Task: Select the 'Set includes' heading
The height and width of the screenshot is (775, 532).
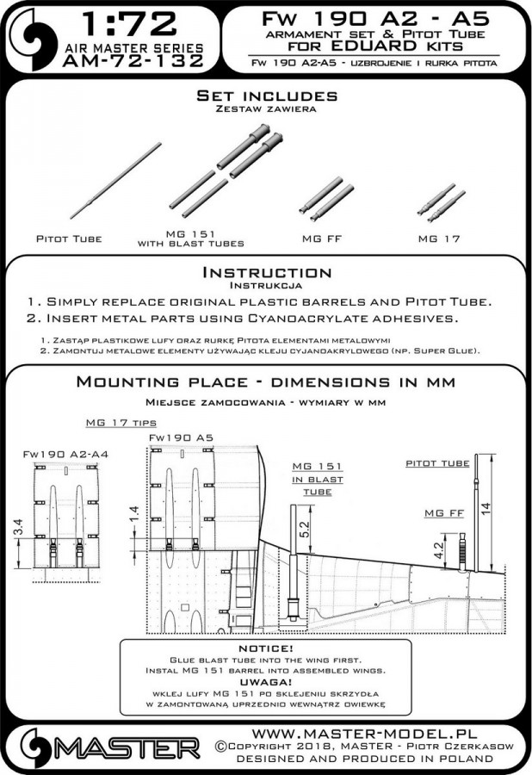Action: tap(265, 94)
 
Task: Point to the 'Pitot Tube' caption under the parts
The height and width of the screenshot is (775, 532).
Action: tap(69, 239)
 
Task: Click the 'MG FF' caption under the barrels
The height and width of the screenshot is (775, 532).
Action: tap(315, 237)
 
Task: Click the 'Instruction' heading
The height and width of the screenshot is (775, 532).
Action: tap(265, 273)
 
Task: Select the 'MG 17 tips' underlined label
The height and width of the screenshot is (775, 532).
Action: tap(116, 424)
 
